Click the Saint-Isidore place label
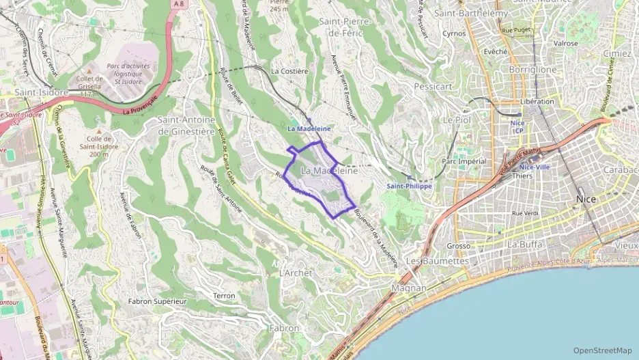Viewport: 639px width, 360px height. (x=42, y=92)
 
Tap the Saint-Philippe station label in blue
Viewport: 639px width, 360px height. (x=409, y=186)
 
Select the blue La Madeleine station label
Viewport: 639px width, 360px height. (x=309, y=128)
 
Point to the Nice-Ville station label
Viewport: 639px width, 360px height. (x=534, y=167)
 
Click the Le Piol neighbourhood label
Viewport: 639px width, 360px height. (x=457, y=120)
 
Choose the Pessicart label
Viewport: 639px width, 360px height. (x=433, y=87)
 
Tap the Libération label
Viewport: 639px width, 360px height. (x=537, y=101)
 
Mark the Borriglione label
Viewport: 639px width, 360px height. (x=532, y=70)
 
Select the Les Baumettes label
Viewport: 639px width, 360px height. (x=437, y=261)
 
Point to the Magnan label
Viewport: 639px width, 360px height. (x=409, y=288)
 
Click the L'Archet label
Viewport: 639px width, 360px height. (x=296, y=273)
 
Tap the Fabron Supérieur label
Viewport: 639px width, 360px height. (x=158, y=301)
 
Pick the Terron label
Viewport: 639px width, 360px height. (x=224, y=296)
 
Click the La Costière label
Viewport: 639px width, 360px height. (x=289, y=70)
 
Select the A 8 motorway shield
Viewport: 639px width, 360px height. (x=179, y=4)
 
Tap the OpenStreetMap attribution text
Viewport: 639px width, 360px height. (x=602, y=350)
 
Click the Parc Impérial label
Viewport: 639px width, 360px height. (x=464, y=161)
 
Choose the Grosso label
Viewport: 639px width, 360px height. (x=459, y=246)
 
